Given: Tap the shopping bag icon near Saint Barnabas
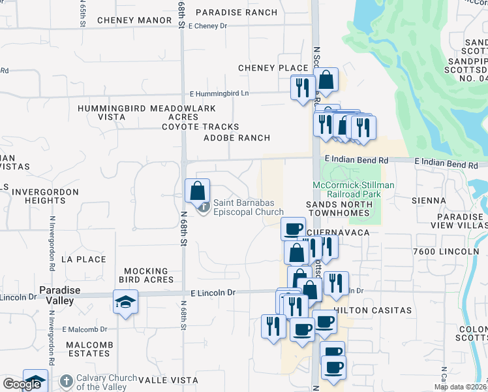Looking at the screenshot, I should point(198,191).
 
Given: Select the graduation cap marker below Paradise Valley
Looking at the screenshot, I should point(125,302).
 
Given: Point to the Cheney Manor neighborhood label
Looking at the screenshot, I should point(134,20).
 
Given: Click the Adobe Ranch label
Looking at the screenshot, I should point(237,138).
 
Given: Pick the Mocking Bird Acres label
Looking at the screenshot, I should point(149,275).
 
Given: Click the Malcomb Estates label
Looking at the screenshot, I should point(88,349).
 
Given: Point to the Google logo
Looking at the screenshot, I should point(22,384).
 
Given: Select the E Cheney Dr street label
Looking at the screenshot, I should point(207,26).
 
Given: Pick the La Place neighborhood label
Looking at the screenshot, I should point(83,259).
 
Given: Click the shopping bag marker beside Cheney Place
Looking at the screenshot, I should point(327,80).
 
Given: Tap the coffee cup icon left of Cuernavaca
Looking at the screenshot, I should point(293,228).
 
